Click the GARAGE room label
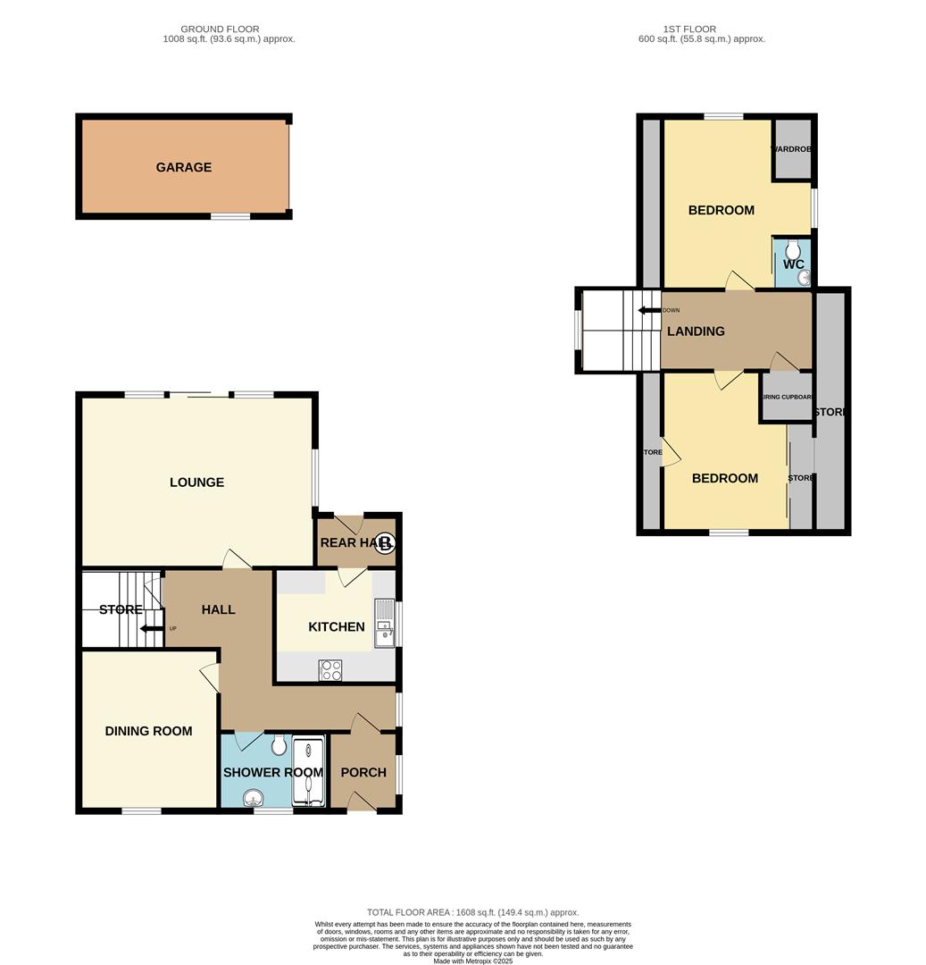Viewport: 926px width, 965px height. (184, 167)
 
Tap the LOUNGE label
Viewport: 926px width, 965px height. (196, 482)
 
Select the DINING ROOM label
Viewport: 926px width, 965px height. (148, 731)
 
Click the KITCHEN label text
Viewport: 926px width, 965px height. (336, 627)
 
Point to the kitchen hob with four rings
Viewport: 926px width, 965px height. (330, 670)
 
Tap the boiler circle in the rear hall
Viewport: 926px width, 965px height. (385, 543)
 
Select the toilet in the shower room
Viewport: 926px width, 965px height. (279, 743)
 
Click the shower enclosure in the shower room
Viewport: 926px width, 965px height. (308, 773)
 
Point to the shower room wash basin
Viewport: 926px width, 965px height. (254, 798)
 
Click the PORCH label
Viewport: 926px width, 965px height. (363, 772)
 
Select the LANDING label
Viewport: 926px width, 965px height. (696, 331)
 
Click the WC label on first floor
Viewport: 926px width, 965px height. (793, 264)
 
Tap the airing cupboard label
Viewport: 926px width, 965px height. (787, 397)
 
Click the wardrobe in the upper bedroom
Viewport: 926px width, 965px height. (792, 148)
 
